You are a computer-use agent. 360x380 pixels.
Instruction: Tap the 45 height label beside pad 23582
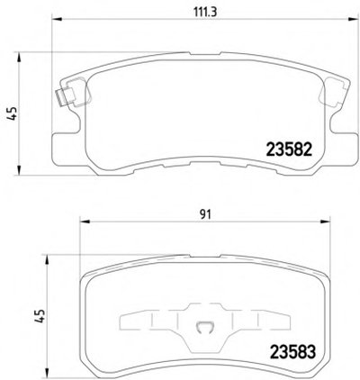point(13,113)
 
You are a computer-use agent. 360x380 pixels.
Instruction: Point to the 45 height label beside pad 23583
point(40,316)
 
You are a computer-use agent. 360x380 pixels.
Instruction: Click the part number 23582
point(290,149)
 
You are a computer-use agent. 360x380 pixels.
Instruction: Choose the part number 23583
point(292,352)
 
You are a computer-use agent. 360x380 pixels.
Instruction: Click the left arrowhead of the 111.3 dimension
point(57,20)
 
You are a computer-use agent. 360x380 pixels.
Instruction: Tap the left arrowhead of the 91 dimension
point(85,222)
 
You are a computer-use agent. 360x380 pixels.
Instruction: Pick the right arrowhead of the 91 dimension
point(325,222)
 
